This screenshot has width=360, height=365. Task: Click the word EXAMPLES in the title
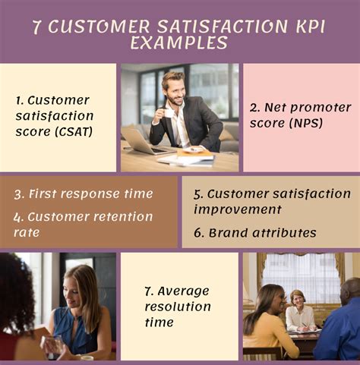pos(178,42)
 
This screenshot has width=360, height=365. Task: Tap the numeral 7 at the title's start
pos(36,27)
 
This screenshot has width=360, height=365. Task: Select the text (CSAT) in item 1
pos(74,132)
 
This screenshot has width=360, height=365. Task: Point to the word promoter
pos(321,108)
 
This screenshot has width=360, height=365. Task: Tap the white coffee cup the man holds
pos(169,113)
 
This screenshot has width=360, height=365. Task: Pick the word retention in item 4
pos(123,217)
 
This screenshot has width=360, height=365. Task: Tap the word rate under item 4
pos(27,233)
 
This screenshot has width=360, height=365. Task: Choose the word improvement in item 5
pos(238,209)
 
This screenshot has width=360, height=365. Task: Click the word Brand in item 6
pos(228,233)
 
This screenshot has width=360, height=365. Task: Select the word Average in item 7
pos(183,291)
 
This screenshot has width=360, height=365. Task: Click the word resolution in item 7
pos(178,307)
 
